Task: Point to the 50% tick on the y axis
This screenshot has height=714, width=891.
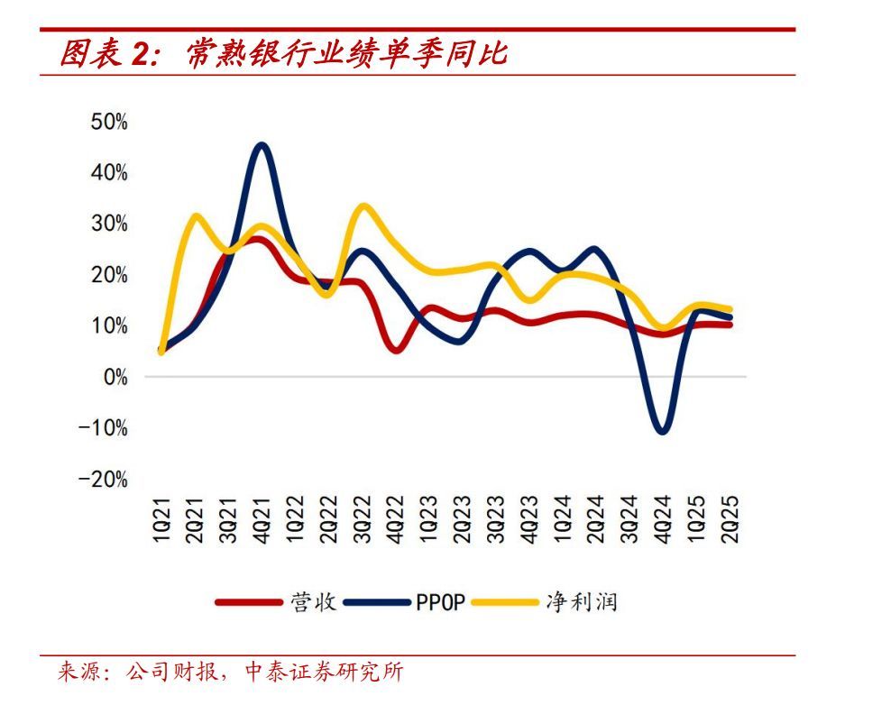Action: [x=109, y=122]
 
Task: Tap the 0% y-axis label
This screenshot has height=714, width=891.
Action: [x=115, y=377]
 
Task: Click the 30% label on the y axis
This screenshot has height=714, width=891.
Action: [x=109, y=224]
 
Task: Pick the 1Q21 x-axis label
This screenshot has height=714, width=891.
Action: [x=162, y=522]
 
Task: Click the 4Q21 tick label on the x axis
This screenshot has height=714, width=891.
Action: [x=262, y=522]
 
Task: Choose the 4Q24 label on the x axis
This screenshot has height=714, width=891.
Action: [x=664, y=522]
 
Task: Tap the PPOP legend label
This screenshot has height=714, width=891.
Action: [x=439, y=602]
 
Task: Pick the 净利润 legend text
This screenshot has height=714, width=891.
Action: [x=582, y=602]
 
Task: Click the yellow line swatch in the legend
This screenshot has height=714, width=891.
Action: [x=506, y=602]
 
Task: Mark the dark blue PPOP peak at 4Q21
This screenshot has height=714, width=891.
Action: [x=262, y=145]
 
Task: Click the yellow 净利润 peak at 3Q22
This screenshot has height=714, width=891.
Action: [x=363, y=206]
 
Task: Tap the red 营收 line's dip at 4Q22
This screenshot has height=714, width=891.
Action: [x=398, y=349]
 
